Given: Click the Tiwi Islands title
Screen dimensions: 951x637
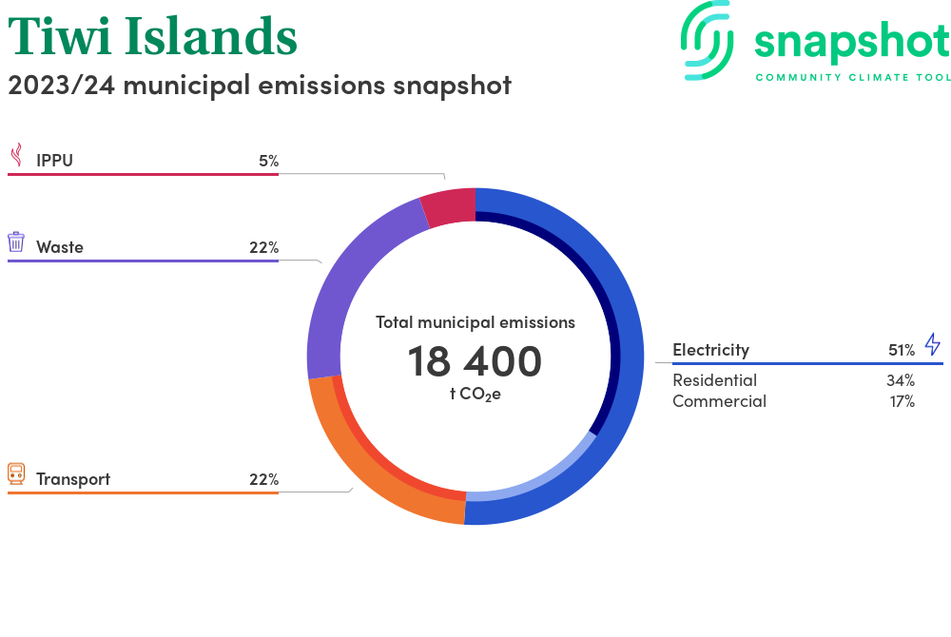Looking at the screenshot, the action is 152,36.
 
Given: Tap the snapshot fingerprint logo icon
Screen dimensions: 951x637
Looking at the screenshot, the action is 708,41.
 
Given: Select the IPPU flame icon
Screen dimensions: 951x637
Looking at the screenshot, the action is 17,155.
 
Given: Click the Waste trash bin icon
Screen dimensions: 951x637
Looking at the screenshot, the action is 16,241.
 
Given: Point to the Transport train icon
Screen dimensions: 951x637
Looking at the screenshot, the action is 16,474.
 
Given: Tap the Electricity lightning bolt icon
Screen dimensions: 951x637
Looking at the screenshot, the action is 933,344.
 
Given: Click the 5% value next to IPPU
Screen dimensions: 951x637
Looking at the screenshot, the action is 269,161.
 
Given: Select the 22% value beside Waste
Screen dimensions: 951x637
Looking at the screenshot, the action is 263,247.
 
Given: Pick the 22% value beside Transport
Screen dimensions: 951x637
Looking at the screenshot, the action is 263,479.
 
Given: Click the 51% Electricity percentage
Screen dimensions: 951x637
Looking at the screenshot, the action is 902,350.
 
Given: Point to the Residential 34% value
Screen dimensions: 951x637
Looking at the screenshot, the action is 900,380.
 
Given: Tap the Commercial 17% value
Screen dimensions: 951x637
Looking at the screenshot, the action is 902,401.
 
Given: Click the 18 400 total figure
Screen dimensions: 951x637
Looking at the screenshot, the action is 475,361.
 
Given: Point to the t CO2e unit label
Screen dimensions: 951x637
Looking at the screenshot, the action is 475,395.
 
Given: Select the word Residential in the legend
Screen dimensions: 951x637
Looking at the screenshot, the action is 714,380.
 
